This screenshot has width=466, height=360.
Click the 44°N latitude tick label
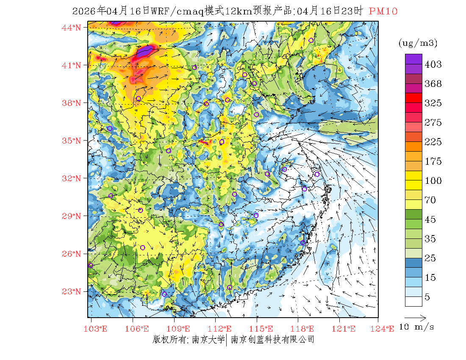point(71,28)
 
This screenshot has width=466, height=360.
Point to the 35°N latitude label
point(71,141)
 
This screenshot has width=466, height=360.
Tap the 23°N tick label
point(71,291)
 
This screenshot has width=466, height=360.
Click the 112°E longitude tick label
point(222,329)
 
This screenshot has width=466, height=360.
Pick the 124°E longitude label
point(385,329)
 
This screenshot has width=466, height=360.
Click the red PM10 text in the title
point(383,11)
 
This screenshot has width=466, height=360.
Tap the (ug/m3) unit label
point(418,43)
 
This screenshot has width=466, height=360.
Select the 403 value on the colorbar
point(433,64)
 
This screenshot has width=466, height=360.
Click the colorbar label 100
point(433,181)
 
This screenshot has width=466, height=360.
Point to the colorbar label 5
point(427,297)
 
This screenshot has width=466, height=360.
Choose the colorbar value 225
point(433,142)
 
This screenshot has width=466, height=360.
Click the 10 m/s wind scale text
point(417,327)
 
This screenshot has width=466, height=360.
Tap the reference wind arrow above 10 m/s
point(415,317)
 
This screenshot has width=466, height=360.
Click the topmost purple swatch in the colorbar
point(413,59)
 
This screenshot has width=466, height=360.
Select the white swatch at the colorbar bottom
point(413,301)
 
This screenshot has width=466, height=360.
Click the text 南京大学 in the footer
point(208,340)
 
